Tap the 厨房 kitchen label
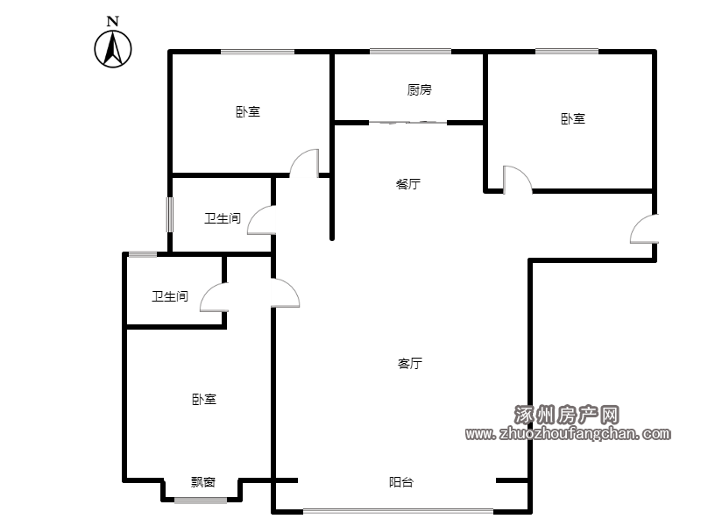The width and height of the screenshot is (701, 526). (x=420, y=90)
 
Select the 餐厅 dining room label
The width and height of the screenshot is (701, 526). (x=408, y=184)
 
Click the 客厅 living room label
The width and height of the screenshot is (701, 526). (x=409, y=363)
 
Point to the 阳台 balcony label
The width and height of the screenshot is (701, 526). (x=401, y=482)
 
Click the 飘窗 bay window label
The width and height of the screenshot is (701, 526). (x=203, y=481)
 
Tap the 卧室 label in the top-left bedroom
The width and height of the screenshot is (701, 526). (x=248, y=111)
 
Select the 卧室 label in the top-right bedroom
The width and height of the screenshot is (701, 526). (x=573, y=118)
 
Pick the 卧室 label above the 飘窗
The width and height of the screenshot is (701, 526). (x=204, y=399)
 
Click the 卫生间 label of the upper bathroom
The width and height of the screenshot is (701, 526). (x=223, y=218)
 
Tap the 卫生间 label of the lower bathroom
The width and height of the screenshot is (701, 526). (x=170, y=296)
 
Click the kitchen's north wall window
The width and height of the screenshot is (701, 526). (x=410, y=52)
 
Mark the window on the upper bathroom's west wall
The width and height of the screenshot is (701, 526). (x=170, y=215)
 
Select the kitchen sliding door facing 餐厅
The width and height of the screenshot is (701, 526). (x=407, y=122)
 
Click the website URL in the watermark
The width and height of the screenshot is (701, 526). (x=568, y=433)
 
